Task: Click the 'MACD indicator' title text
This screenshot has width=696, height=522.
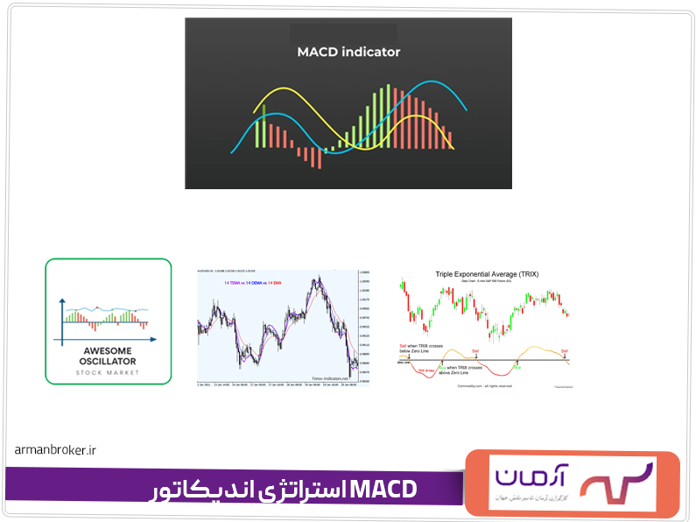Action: tap(348, 52)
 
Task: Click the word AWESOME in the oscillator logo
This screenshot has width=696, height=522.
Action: tap(108, 349)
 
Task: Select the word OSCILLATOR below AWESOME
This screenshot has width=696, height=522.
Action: tap(108, 360)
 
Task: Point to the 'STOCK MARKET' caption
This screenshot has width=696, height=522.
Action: tap(108, 372)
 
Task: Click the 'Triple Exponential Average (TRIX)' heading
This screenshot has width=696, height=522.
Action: tap(487, 274)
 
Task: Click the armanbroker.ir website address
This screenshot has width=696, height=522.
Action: tap(54, 449)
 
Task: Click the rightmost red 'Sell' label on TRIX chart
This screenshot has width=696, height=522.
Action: tap(564, 350)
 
